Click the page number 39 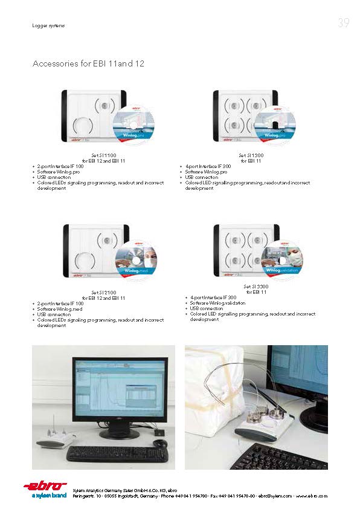click(x=343, y=24)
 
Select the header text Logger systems click(x=48, y=25)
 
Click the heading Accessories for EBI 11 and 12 click(x=88, y=63)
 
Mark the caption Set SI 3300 click(x=256, y=287)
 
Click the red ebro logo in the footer click(x=45, y=486)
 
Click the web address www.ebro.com click(x=312, y=496)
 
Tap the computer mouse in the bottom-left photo click(x=159, y=444)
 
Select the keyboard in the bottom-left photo click(x=109, y=453)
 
